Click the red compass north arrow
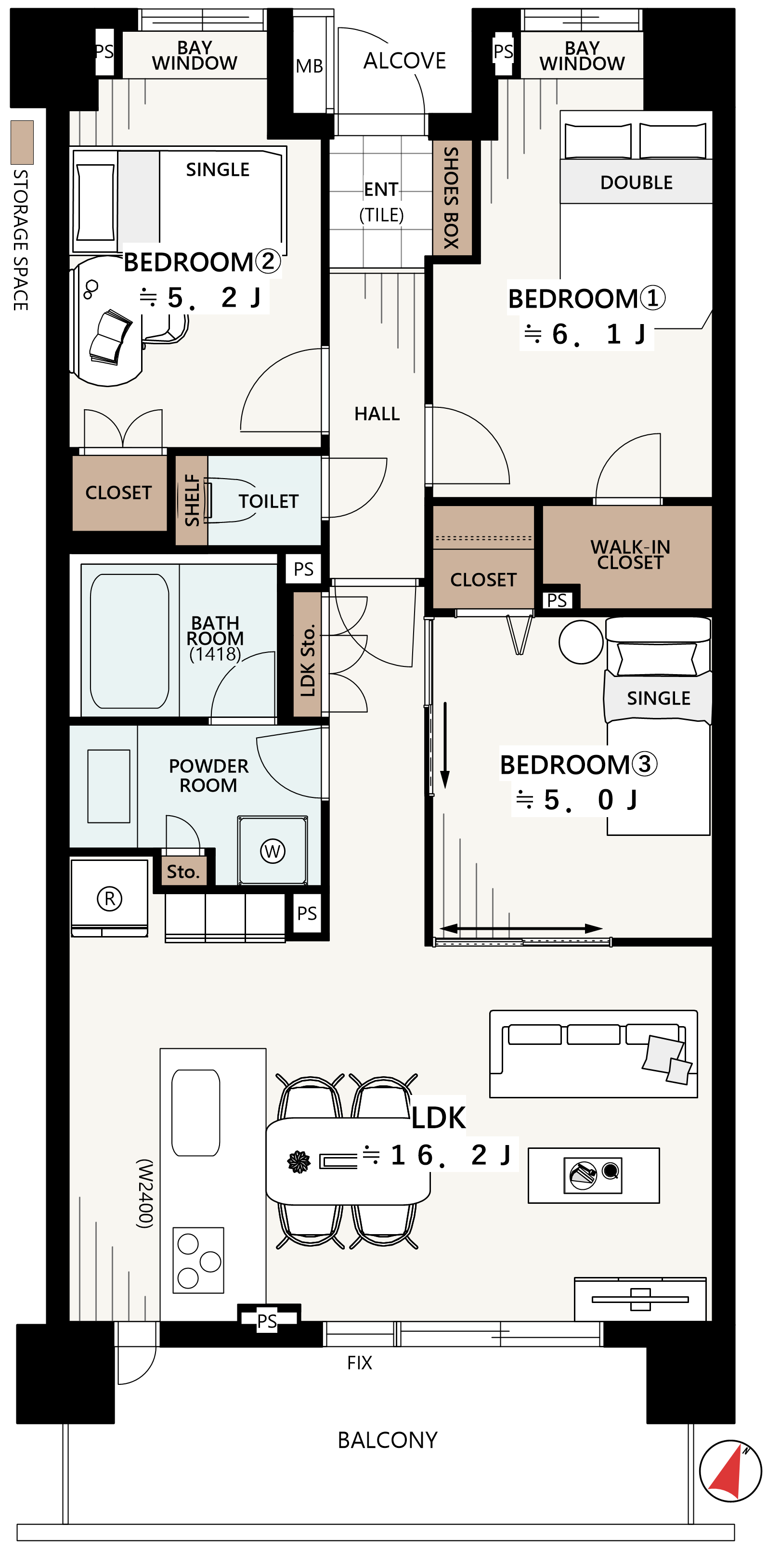(727, 1471)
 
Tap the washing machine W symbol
(273, 851)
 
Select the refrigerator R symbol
(109, 899)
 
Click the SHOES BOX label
(452, 197)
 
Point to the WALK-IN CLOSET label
(630, 554)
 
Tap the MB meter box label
(309, 66)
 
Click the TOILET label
(268, 501)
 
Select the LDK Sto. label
(307, 661)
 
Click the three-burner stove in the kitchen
(198, 1261)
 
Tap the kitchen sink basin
(195, 1113)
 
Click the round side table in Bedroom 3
(581, 642)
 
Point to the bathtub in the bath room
(130, 641)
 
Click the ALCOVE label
(404, 61)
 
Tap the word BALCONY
(388, 1440)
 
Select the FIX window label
(360, 1362)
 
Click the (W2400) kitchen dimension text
(145, 1193)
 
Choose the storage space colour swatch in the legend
(22, 143)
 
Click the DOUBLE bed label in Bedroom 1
(637, 182)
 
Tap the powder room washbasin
(109, 786)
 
